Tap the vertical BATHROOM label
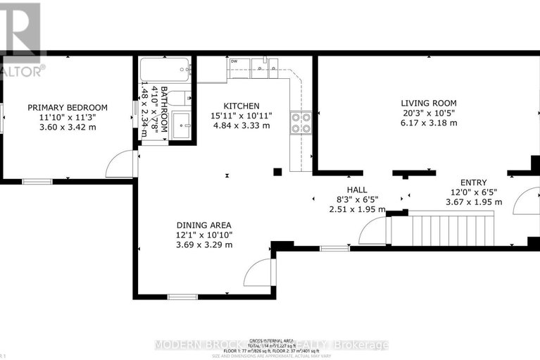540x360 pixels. pyautogui.click(x=163, y=109)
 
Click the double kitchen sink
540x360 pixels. pyautogui.click(x=265, y=69)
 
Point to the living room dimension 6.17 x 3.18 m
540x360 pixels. pyautogui.click(x=429, y=123)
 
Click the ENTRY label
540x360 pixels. pyautogui.click(x=473, y=182)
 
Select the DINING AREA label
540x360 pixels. pyautogui.click(x=203, y=225)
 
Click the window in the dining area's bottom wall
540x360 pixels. pyautogui.click(x=182, y=297)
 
